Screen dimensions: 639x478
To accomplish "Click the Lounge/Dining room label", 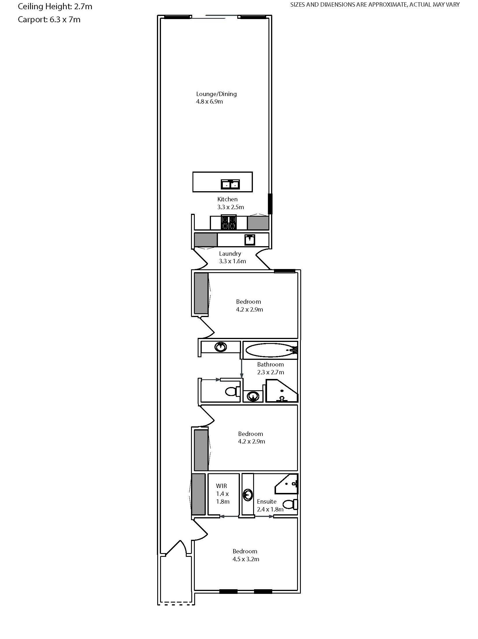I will tap(216, 94).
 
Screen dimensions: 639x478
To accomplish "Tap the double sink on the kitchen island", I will tap(230, 184).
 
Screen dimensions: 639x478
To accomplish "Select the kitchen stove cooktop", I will tap(228, 222).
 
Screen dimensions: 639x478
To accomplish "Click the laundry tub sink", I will tap(250, 240).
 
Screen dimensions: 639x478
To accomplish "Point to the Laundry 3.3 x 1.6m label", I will tap(232, 257).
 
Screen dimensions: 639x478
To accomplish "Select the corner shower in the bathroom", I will tap(281, 392).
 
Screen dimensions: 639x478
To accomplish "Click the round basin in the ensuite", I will tap(248, 495).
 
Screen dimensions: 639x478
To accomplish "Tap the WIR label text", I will tap(221, 486).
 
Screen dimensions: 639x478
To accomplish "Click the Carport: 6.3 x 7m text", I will tap(49, 20).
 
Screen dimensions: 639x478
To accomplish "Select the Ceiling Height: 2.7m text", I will tap(55, 6).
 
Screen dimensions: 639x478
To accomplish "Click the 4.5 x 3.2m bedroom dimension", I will tap(246, 559).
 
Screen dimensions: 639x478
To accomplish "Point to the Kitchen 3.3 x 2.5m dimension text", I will tap(230, 207).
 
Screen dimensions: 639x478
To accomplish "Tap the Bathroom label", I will tap(270, 364).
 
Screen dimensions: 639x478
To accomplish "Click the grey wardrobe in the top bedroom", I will tap(201, 293).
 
